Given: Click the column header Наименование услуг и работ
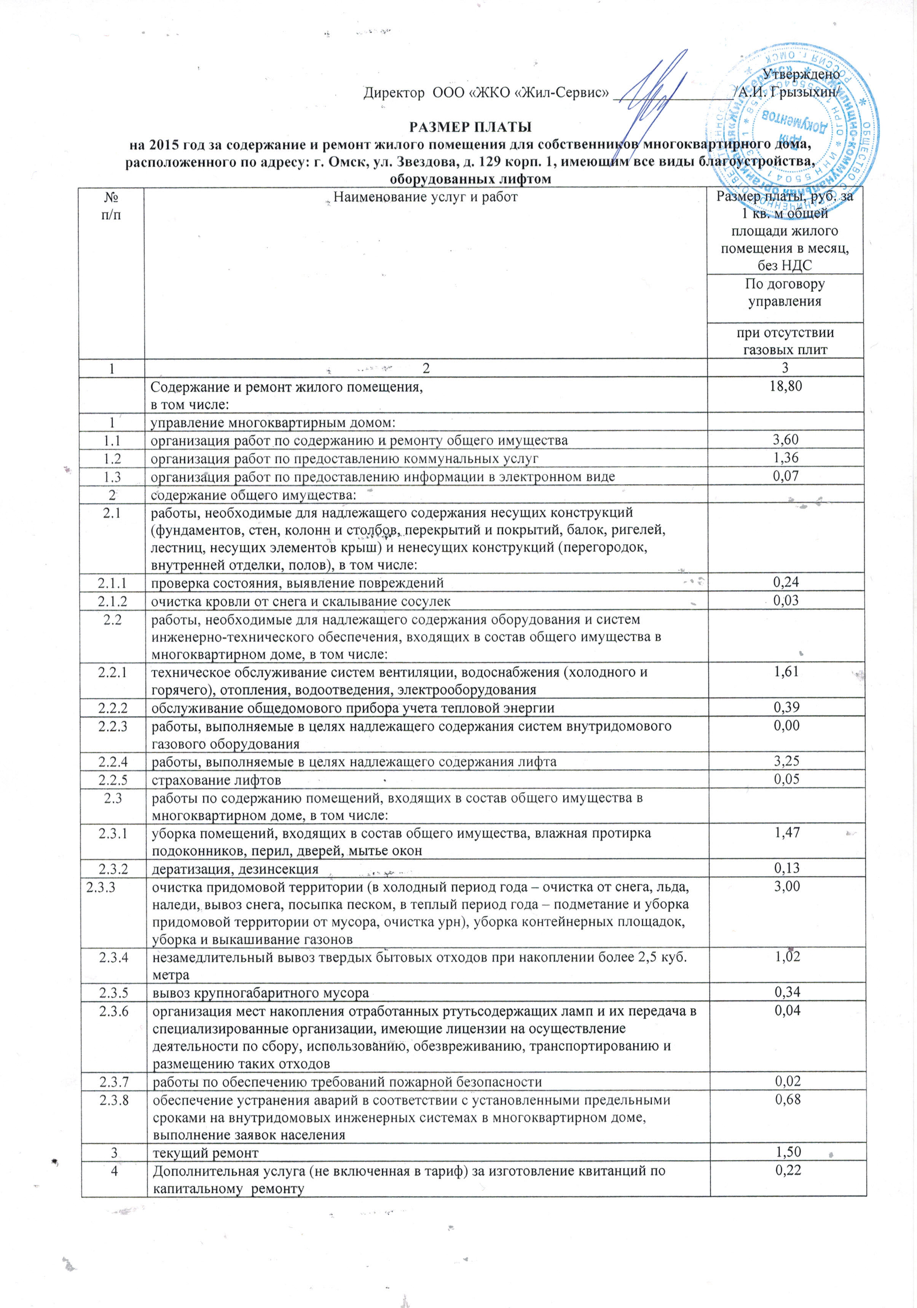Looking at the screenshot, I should tap(425, 198).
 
